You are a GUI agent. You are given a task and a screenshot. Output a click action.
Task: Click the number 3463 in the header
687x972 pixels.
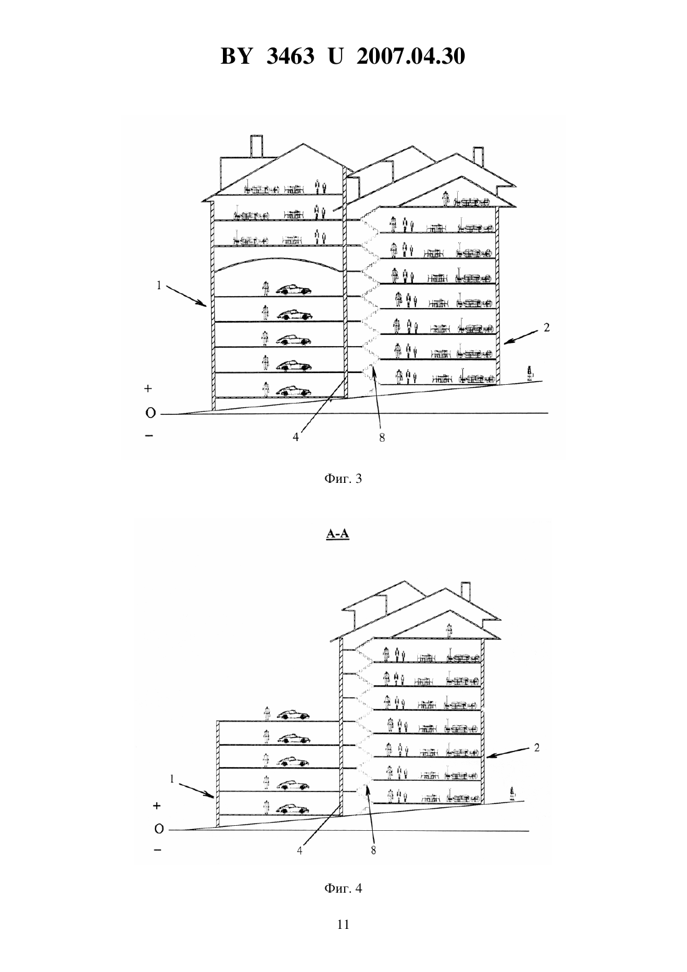(290, 56)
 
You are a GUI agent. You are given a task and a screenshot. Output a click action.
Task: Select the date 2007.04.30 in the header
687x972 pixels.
(411, 56)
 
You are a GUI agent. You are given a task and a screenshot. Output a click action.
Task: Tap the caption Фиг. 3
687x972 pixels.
(343, 479)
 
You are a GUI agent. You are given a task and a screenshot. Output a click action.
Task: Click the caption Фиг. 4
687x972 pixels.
(343, 888)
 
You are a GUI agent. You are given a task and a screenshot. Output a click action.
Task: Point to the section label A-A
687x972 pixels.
(337, 533)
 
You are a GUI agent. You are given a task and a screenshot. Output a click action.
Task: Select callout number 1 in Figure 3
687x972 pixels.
(159, 285)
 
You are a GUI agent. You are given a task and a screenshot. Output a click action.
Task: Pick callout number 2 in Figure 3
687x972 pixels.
(546, 327)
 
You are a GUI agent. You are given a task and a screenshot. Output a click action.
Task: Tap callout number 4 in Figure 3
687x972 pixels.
(295, 437)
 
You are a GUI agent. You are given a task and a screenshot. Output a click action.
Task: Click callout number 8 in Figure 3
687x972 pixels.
(382, 438)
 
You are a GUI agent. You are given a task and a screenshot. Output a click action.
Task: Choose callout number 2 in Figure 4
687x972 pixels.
(536, 748)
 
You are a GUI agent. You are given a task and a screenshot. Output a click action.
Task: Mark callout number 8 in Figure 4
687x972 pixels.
(373, 851)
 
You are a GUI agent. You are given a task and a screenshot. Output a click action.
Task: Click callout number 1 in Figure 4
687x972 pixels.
(172, 779)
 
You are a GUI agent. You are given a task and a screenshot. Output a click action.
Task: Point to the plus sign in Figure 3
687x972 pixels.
(148, 389)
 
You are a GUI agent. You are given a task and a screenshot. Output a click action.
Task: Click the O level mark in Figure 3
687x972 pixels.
(150, 414)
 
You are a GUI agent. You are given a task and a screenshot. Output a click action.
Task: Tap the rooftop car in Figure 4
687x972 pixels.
(293, 715)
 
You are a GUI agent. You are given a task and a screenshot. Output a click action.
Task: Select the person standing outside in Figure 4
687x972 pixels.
(513, 794)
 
